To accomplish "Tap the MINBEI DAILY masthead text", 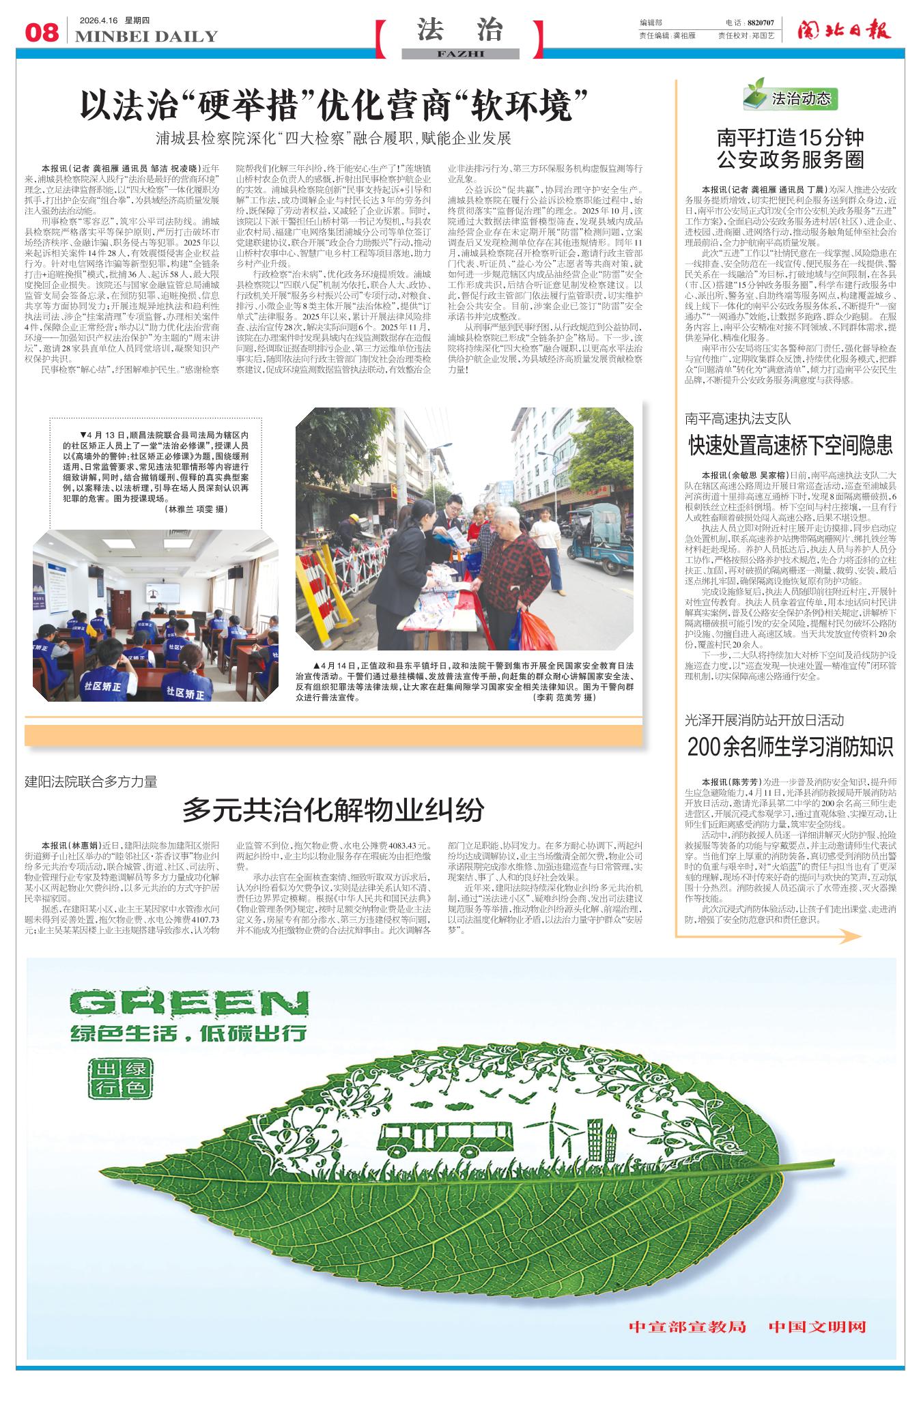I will (x=146, y=37).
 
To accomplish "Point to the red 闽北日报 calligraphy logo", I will (x=844, y=31).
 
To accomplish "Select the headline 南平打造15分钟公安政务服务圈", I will (x=790, y=149).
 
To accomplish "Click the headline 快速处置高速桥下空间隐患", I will (x=790, y=446).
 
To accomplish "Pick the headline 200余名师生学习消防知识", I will (x=790, y=747).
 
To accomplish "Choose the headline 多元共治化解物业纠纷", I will (x=333, y=810).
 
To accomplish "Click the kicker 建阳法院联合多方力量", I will (x=91, y=782).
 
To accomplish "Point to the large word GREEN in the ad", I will (x=180, y=1004).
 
